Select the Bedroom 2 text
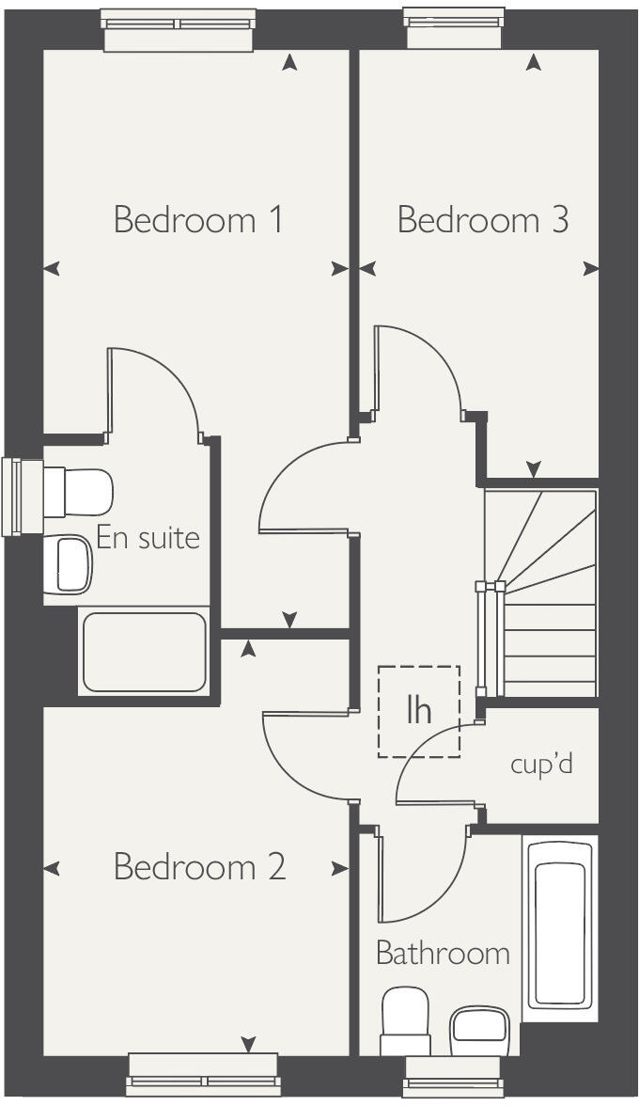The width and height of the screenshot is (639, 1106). tap(199, 866)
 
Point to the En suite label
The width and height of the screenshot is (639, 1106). tap(148, 539)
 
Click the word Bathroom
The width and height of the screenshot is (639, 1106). tap(443, 954)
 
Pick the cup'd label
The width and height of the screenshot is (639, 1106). tap(541, 764)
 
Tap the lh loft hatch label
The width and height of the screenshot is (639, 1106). tap(419, 711)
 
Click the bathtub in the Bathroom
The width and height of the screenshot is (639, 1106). tap(561, 925)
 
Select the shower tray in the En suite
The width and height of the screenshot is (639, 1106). tap(144, 652)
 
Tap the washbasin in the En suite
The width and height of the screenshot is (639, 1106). tap(71, 564)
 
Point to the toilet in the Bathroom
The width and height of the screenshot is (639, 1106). tap(405, 1021)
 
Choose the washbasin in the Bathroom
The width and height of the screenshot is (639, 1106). tap(479, 1031)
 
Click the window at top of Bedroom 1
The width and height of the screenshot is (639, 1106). tap(178, 29)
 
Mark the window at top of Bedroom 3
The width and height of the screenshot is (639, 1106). tap(454, 27)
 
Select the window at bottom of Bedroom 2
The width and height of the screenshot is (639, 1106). tap(203, 1075)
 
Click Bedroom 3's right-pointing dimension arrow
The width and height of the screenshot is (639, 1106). tap(590, 269)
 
